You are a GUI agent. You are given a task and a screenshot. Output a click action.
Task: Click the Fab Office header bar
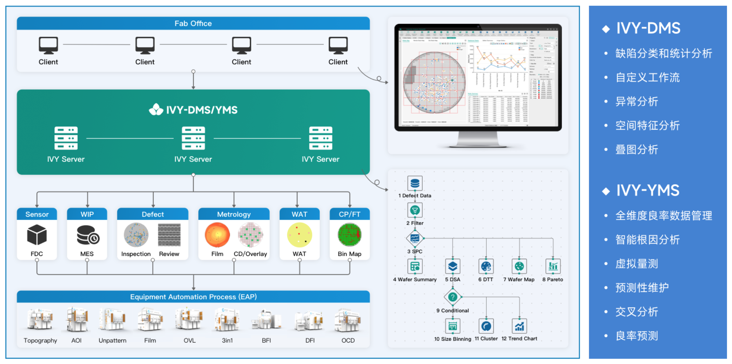pyautogui.click(x=193, y=23)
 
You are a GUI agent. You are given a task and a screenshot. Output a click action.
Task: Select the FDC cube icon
pyautogui.click(x=37, y=235)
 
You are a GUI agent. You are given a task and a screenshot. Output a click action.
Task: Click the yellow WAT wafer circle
pyautogui.click(x=299, y=235)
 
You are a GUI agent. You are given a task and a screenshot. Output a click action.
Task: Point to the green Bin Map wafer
pyautogui.click(x=349, y=235)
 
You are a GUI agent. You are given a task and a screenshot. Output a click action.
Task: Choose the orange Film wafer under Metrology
pyautogui.click(x=217, y=235)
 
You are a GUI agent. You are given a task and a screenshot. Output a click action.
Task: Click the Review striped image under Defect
pyautogui.click(x=169, y=235)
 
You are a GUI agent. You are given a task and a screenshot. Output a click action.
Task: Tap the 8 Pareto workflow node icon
pyautogui.click(x=553, y=266)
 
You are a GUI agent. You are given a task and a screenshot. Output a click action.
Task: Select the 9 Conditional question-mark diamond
pyautogui.click(x=453, y=297)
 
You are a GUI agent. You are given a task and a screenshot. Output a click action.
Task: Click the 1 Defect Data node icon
pyautogui.click(x=415, y=183)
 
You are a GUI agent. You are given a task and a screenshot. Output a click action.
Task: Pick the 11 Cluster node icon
pyautogui.click(x=486, y=326)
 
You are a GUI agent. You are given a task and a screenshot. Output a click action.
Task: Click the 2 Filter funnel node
pyautogui.click(x=415, y=210)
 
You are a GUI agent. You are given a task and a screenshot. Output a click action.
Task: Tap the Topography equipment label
pyautogui.click(x=40, y=340)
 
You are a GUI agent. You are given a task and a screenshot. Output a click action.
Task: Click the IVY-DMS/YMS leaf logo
pyautogui.click(x=156, y=109)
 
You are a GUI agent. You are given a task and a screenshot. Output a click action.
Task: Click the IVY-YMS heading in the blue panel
pyautogui.click(x=648, y=191)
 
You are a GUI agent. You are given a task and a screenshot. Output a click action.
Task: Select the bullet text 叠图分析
pyautogui.click(x=637, y=149)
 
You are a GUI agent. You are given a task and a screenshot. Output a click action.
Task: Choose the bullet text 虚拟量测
pyautogui.click(x=637, y=264)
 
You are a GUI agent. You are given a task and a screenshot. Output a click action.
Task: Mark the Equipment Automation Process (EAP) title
pyautogui.click(x=193, y=297)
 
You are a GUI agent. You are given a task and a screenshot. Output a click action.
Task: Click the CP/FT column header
pyautogui.click(x=349, y=214)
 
